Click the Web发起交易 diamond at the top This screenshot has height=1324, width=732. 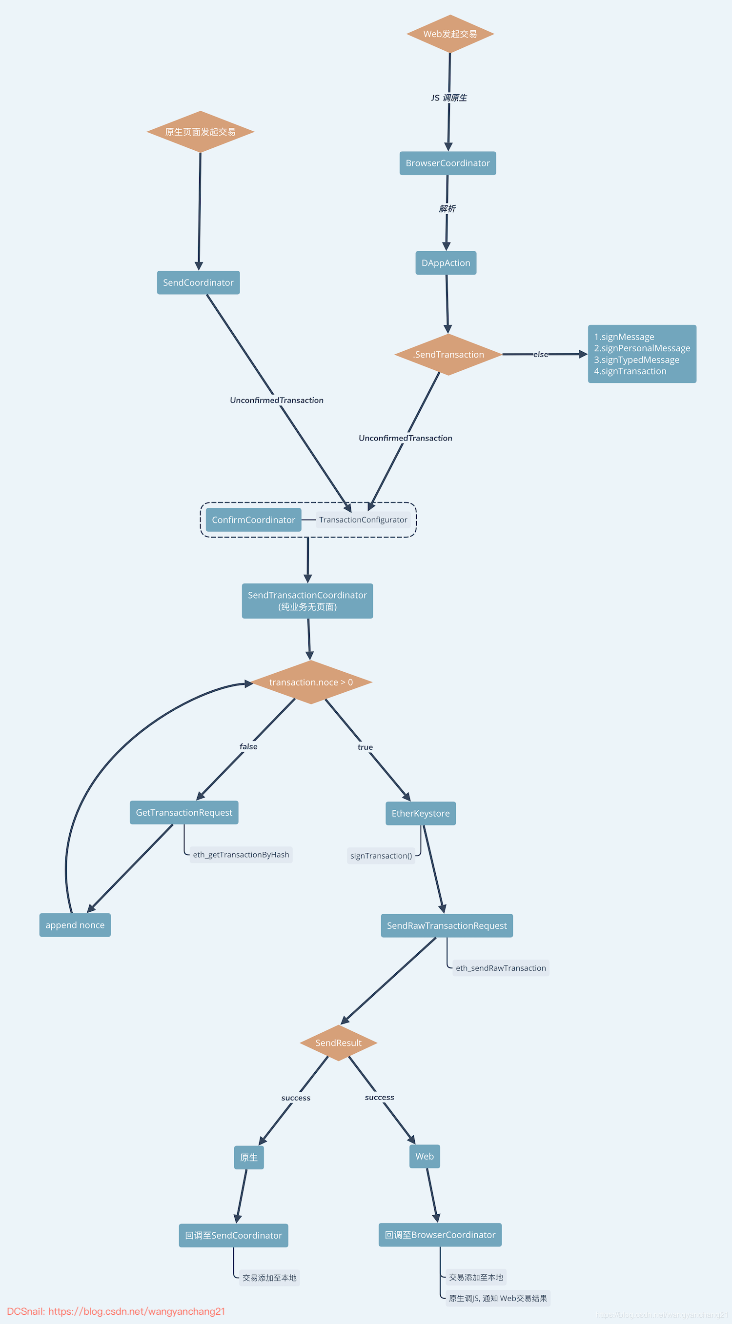click(x=450, y=34)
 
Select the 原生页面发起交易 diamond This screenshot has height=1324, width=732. click(x=200, y=132)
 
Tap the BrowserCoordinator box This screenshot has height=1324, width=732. click(x=447, y=163)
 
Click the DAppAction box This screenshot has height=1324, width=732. click(x=446, y=262)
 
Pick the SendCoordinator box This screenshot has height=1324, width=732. click(x=198, y=282)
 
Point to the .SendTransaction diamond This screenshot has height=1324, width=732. click(x=448, y=354)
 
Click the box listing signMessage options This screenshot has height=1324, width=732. click(x=642, y=354)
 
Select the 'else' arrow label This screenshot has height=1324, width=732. click(x=540, y=354)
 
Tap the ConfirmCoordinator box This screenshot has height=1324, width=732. click(x=253, y=520)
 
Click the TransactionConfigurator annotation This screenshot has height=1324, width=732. click(x=363, y=520)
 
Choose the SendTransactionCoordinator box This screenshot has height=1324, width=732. click(x=307, y=601)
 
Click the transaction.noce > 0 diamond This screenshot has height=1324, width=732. click(x=311, y=682)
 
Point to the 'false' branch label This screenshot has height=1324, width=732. click(x=248, y=746)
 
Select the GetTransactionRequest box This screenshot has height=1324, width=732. click(x=184, y=812)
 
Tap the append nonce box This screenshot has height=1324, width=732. click(x=75, y=924)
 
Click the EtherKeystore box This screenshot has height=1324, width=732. click(x=421, y=813)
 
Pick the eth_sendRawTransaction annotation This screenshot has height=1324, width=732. click(x=501, y=968)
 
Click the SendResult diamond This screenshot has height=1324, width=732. click(x=338, y=1043)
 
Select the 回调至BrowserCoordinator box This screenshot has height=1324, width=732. click(x=440, y=1235)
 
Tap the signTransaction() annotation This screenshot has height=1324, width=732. click(x=381, y=856)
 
